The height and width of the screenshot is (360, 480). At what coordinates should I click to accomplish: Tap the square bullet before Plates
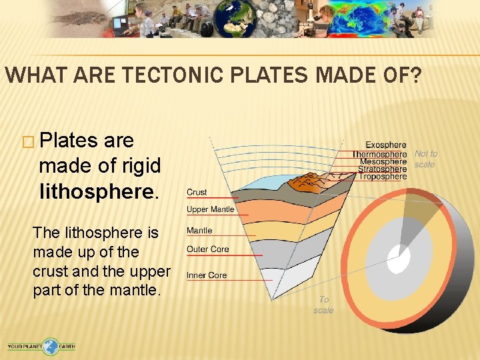[27, 141]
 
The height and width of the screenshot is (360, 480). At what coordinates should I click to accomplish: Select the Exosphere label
[386, 145]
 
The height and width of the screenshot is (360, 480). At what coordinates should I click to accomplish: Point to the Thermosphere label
[379, 154]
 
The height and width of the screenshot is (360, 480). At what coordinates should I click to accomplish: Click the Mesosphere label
[383, 162]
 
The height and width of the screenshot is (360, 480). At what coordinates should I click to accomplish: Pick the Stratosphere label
[382, 169]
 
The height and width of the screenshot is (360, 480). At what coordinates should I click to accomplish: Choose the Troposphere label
[383, 177]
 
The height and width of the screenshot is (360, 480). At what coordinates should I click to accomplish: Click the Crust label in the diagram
[197, 192]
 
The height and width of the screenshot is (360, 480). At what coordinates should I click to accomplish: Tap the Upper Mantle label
[210, 209]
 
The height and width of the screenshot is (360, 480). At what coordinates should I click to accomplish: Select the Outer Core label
[207, 249]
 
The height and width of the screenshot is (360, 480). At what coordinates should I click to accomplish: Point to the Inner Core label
[207, 275]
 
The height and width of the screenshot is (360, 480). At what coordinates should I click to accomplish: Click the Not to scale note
[425, 159]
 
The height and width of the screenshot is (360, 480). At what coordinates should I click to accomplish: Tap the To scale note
[323, 305]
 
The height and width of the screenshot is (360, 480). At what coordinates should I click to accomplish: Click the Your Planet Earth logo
[41, 346]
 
